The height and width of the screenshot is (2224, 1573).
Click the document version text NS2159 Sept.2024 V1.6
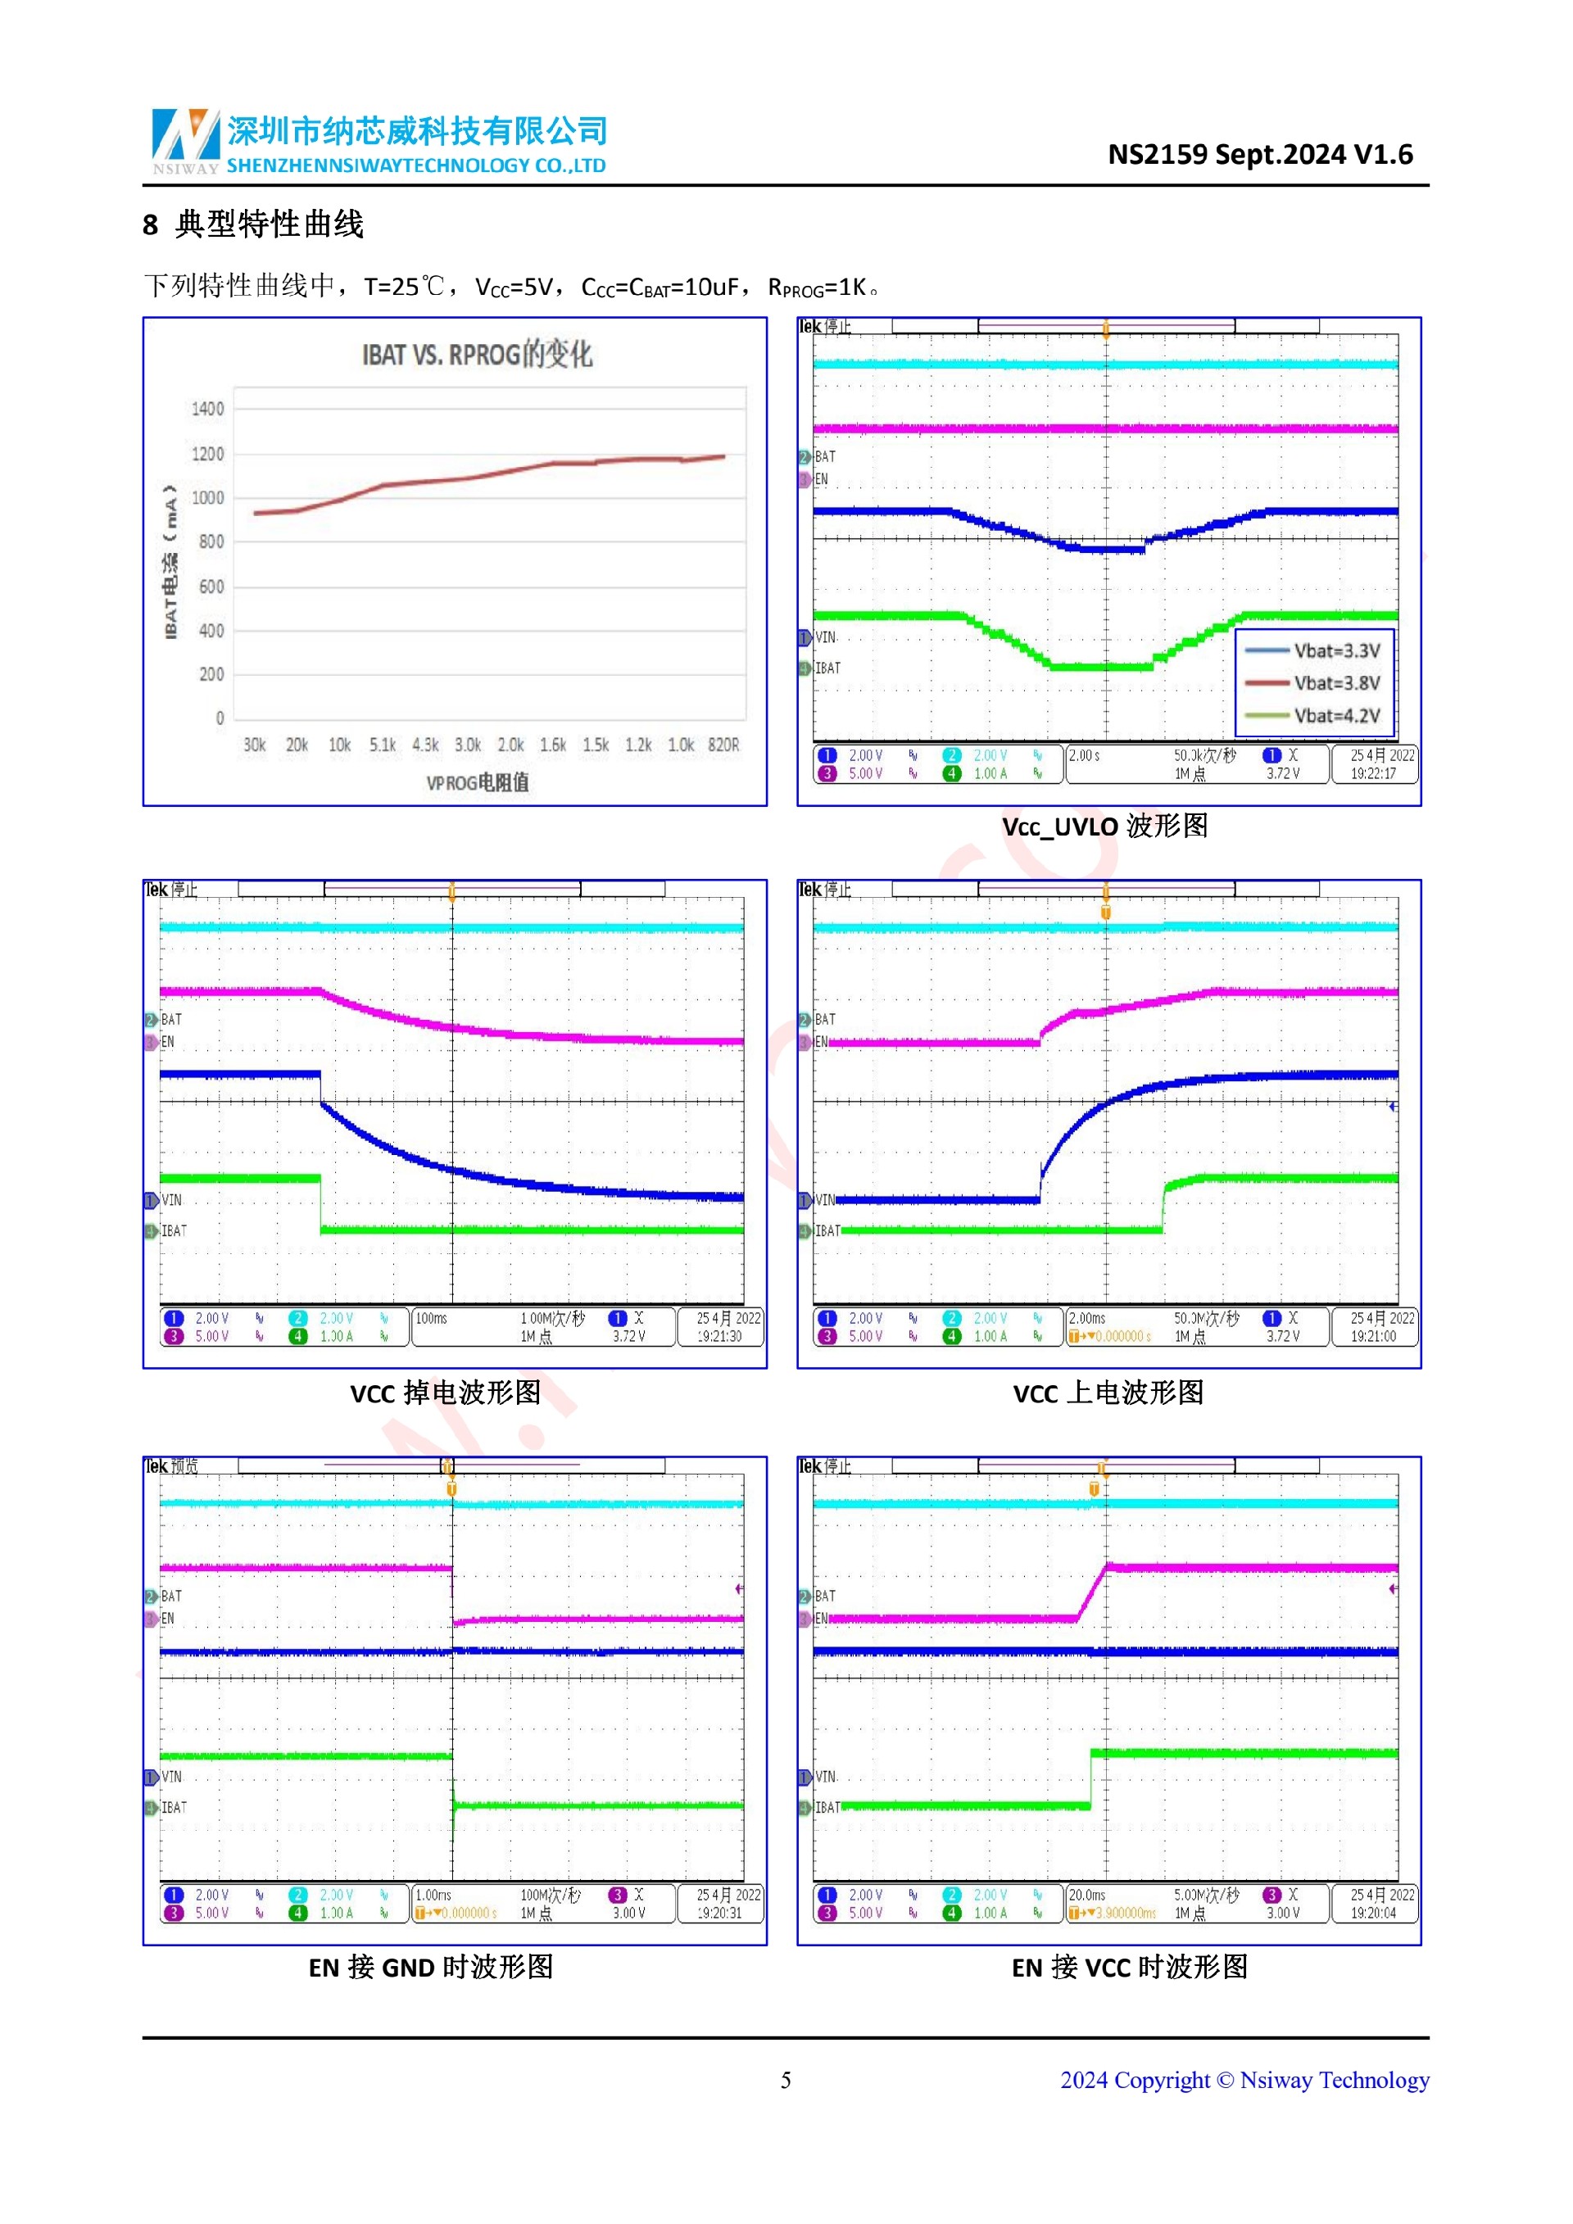click(x=1259, y=154)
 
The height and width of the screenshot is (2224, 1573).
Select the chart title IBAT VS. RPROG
click(x=477, y=356)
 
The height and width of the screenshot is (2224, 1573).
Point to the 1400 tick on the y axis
click(x=207, y=409)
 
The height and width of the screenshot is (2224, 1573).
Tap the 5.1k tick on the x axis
click(x=383, y=745)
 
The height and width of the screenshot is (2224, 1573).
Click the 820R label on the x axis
click(x=723, y=745)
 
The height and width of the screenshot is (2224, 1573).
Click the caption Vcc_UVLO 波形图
click(x=1105, y=827)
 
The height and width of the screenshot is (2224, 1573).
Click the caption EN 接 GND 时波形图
click(x=431, y=1968)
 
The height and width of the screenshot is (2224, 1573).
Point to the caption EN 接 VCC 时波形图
click(x=1130, y=1968)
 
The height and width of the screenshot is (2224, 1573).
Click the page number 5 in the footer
click(x=786, y=2081)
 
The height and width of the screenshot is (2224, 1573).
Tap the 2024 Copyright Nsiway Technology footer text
click(x=1244, y=2081)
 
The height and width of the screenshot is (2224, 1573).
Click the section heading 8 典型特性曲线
click(x=254, y=224)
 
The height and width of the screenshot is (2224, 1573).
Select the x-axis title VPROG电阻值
click(x=478, y=782)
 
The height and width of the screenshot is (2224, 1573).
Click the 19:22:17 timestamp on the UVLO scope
click(x=1373, y=774)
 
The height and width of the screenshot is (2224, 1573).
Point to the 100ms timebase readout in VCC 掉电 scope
click(x=432, y=1318)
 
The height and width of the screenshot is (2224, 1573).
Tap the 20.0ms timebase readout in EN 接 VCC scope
click(x=1087, y=1896)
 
